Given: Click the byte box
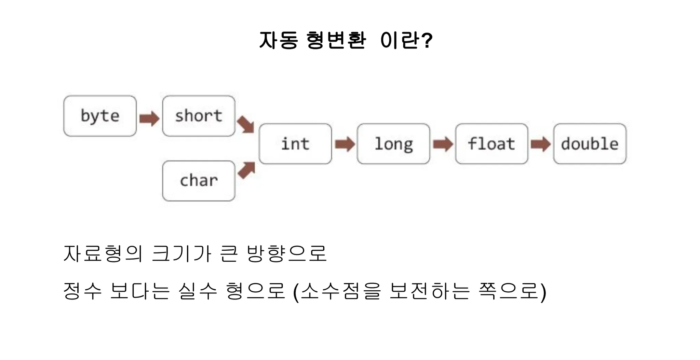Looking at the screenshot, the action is coord(100,116).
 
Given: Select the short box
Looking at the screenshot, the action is coord(199,116).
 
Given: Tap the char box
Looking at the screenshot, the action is coord(199,181).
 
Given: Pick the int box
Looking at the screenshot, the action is coord(295,144).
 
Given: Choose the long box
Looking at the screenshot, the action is coord(393,144).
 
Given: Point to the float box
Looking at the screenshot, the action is coord(492,144).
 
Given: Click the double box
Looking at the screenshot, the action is coord(590,144).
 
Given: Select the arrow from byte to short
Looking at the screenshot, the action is coord(149,119).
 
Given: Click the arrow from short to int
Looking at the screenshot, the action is coord(246,124).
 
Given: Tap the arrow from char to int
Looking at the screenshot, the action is coord(246,170).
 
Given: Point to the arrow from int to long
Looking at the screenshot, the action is coord(345,144).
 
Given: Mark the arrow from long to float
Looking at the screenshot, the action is coord(443,144).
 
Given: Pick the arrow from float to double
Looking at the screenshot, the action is coord(541,144).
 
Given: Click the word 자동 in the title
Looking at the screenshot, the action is coord(279,40).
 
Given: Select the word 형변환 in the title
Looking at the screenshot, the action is coord(336,40).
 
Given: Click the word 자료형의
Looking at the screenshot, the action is coord(103,253).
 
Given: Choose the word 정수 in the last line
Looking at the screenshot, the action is coord(83,291).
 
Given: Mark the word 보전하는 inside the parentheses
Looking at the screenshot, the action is coord(429,291).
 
